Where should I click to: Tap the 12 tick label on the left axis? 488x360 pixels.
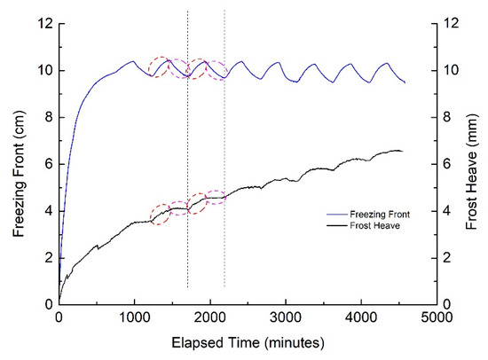point(42,24)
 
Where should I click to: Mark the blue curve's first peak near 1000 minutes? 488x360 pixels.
point(133,61)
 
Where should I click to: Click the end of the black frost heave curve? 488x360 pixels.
point(402,152)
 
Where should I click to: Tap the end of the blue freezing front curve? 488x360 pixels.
point(405,82)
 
